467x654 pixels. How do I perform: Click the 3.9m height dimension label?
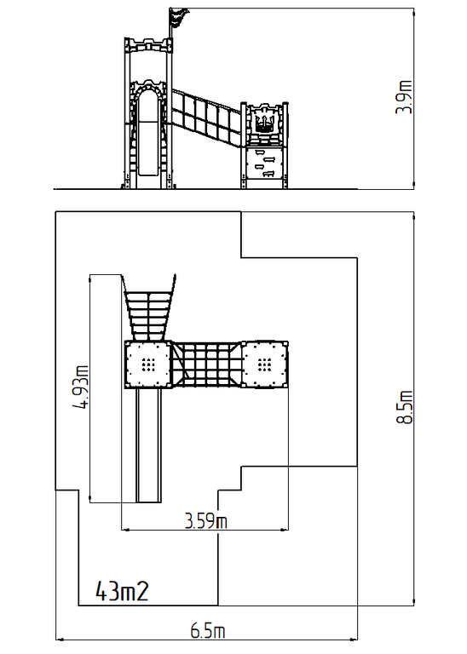point(404,97)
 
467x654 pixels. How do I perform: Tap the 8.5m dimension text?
point(404,407)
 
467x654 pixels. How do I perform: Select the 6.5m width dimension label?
point(207,630)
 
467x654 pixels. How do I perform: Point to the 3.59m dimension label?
point(206,521)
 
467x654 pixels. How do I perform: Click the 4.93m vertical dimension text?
point(81,387)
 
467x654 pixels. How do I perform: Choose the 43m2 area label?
point(122,591)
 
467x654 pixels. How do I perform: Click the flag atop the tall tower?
point(178,18)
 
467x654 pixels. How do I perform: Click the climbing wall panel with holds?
point(265,163)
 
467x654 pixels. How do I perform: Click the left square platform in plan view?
point(148,365)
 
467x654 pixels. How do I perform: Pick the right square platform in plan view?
point(264,365)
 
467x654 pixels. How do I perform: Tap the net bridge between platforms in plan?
point(206,365)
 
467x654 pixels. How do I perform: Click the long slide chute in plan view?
point(148,445)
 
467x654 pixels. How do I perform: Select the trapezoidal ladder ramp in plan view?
point(148,307)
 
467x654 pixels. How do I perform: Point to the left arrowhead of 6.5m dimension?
point(59,639)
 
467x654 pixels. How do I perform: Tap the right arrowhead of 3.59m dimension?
point(285,531)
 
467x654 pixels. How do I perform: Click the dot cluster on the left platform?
point(148,365)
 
